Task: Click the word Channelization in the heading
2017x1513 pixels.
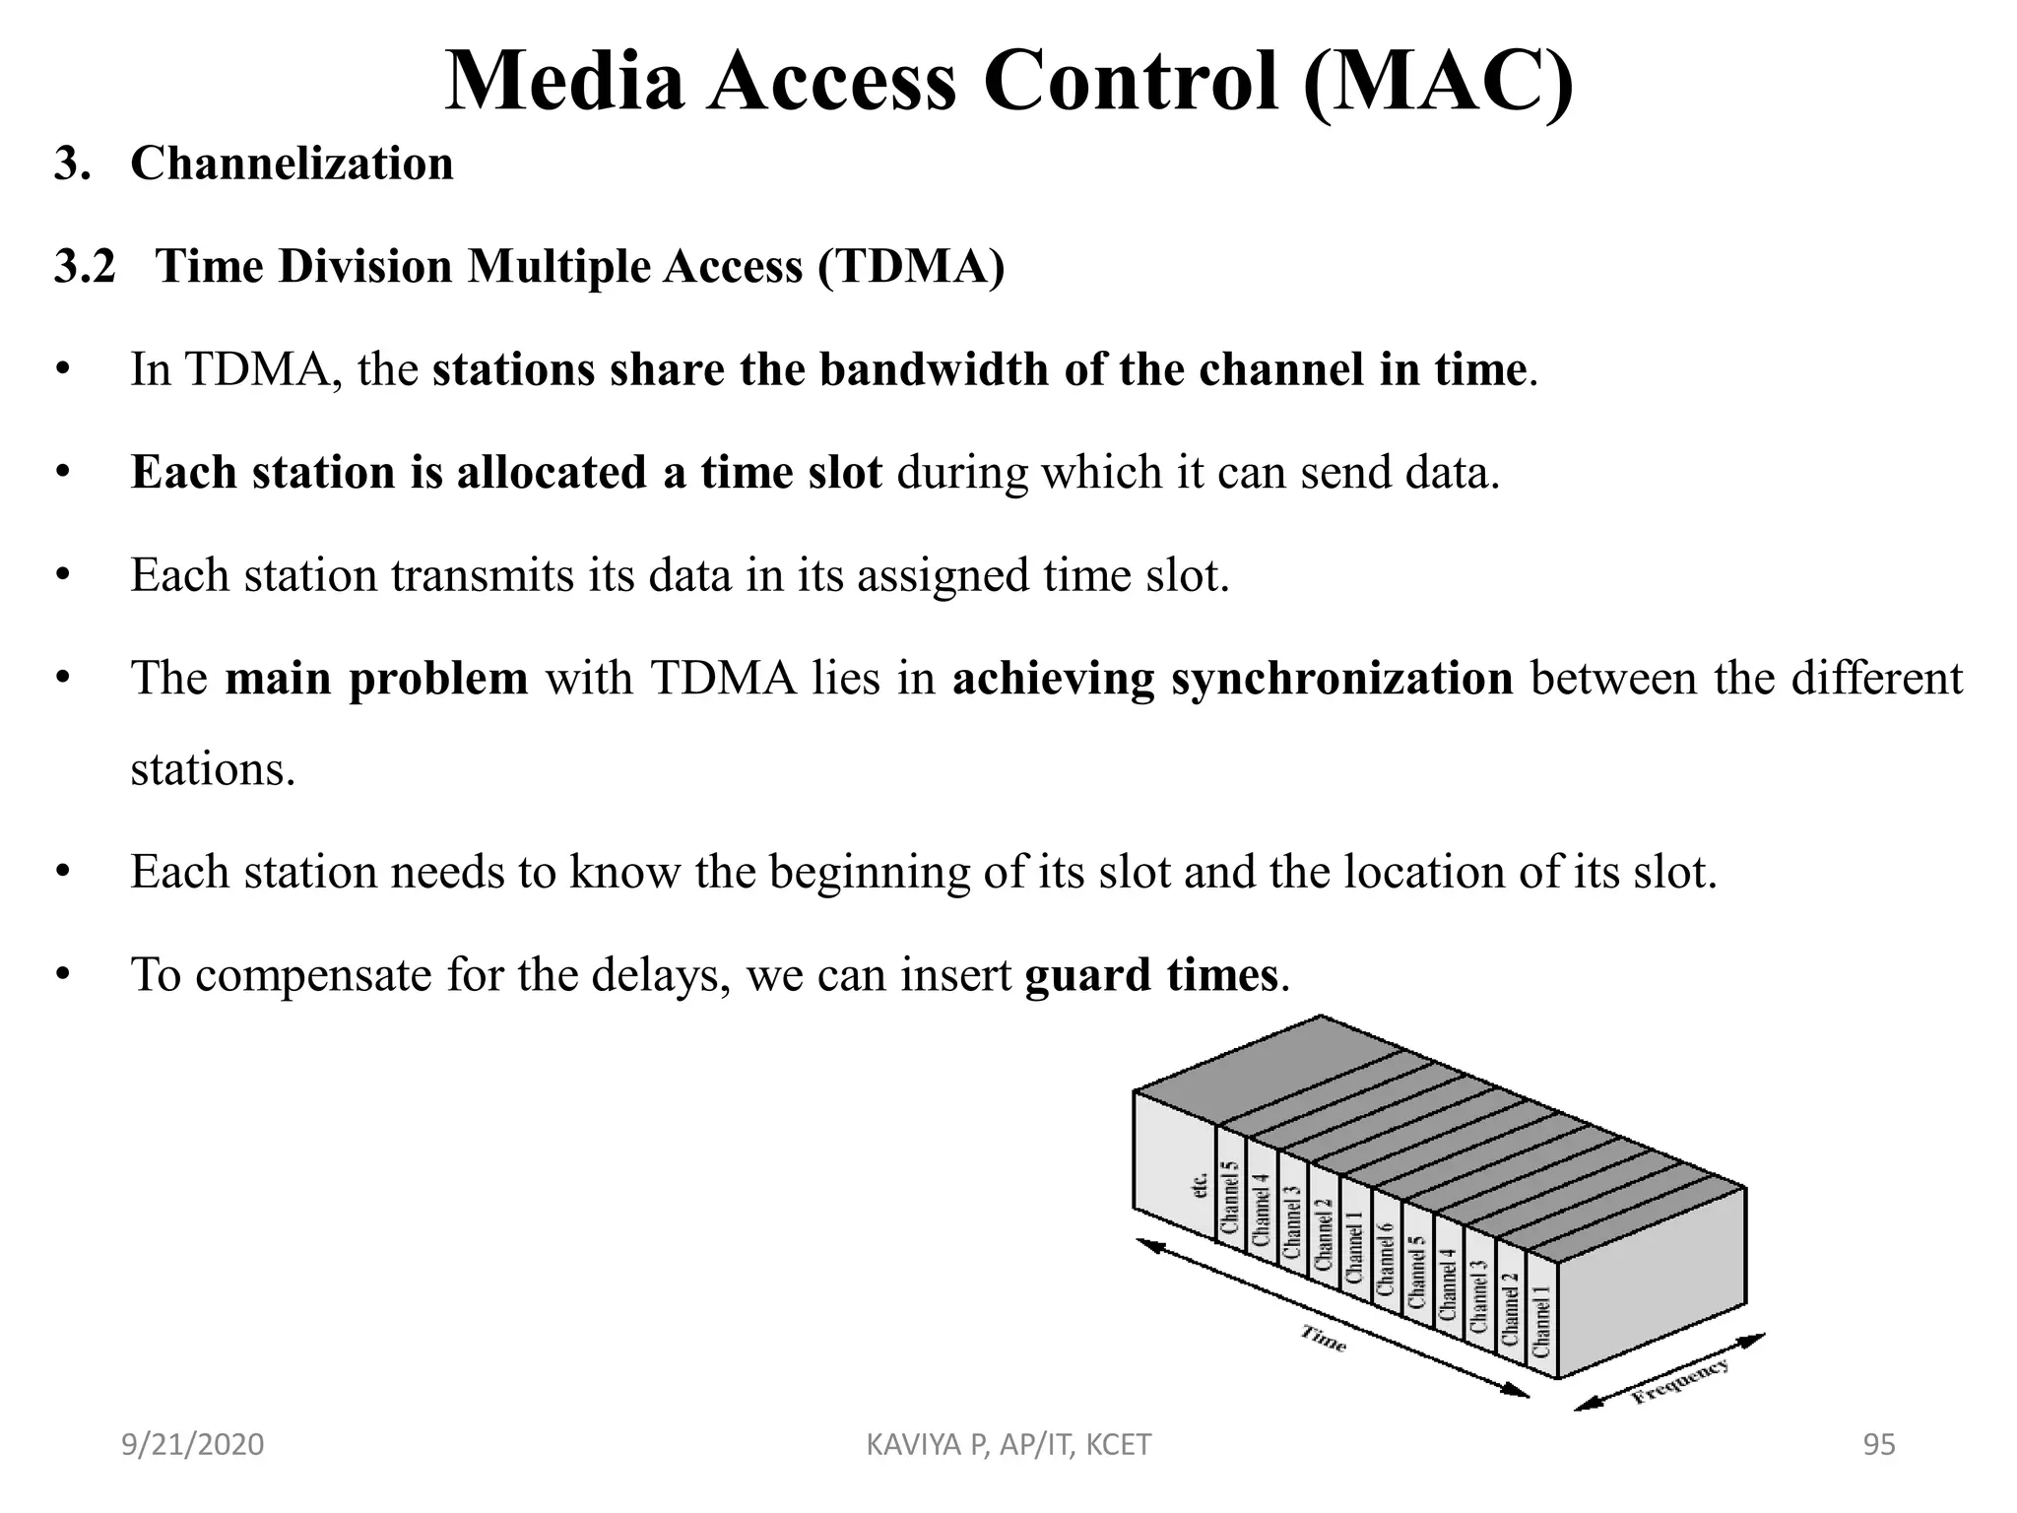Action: point(292,164)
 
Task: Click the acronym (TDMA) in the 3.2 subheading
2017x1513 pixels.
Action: point(910,266)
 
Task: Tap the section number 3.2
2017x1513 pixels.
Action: point(85,266)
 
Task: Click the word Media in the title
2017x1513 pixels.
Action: point(564,81)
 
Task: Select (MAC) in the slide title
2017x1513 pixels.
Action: point(1438,81)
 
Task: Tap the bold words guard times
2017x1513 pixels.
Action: point(1151,975)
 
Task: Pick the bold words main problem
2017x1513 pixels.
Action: point(376,679)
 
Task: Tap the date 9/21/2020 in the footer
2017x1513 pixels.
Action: point(193,1444)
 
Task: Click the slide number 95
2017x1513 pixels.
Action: point(1879,1444)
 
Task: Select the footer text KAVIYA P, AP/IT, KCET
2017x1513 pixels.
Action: point(1008,1444)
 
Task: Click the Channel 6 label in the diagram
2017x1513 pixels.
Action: point(1386,1259)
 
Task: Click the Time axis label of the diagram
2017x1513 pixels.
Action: point(1324,1339)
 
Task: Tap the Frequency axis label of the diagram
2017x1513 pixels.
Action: point(1680,1380)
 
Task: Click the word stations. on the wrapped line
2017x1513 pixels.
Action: point(213,769)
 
